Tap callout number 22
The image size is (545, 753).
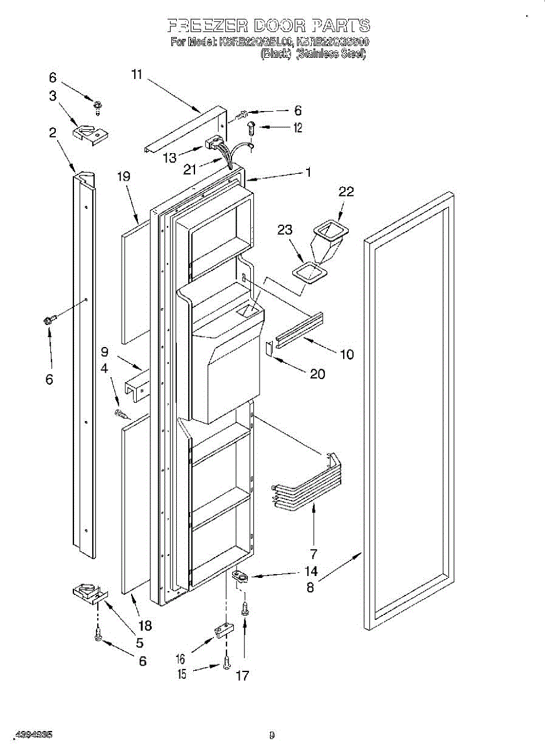346,192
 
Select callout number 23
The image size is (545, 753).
285,230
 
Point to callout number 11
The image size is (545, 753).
137,75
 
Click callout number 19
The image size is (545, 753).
124,177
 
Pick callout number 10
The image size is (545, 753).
347,354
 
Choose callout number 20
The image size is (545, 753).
318,373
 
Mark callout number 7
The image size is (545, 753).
314,553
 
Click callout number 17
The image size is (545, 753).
242,676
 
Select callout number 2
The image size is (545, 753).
52,132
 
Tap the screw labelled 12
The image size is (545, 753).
251,128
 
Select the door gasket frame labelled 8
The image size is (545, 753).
408,408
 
